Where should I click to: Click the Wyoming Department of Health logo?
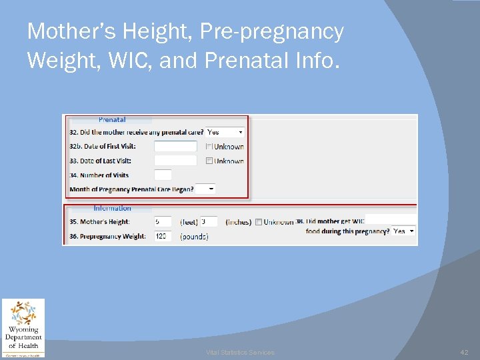point(23,327)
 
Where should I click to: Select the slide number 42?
point(465,352)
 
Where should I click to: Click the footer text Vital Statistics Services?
point(240,352)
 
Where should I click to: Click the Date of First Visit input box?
point(175,146)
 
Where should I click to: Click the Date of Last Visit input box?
point(175,161)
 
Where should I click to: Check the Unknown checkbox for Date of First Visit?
point(209,147)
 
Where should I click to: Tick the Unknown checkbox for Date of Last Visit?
point(209,161)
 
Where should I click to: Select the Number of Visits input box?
point(163,175)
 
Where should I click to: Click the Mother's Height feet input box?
point(163,221)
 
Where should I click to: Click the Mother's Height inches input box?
point(209,221)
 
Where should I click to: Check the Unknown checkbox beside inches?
point(258,222)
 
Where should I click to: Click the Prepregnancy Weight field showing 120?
point(163,236)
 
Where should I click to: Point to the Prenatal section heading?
point(112,120)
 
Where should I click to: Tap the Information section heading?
point(112,208)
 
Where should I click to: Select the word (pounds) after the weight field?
point(194,237)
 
